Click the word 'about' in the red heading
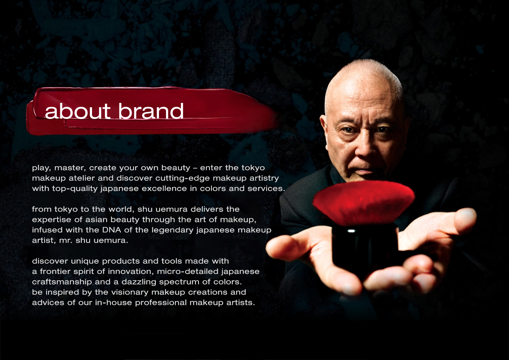[78, 111]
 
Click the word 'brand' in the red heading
[151, 111]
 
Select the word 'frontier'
[53, 272]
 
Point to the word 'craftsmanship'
[62, 282]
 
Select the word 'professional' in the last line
[161, 303]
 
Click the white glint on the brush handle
[351, 231]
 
